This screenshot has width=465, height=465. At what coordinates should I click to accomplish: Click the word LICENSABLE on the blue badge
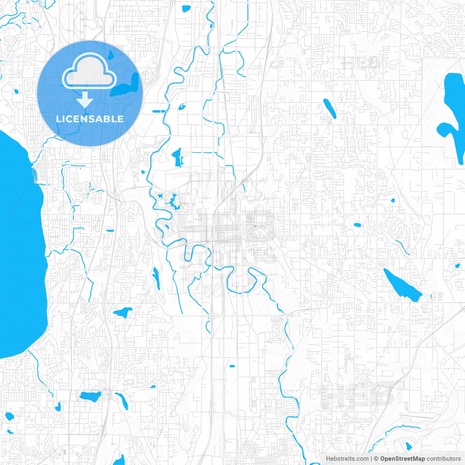(90, 119)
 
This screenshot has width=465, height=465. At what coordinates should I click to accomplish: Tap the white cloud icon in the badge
(89, 72)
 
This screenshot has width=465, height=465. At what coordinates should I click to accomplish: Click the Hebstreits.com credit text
(347, 459)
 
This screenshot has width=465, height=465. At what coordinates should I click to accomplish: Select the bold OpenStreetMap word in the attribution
(402, 459)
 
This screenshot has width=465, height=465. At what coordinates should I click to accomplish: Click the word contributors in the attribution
(443, 459)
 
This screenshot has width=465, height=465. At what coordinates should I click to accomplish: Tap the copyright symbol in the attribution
(376, 459)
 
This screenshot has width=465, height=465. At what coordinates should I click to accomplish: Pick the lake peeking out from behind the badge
(131, 85)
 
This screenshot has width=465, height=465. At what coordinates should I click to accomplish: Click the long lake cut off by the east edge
(452, 116)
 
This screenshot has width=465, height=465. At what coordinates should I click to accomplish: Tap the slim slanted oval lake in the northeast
(330, 108)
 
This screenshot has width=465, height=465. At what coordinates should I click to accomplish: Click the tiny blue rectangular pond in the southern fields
(232, 366)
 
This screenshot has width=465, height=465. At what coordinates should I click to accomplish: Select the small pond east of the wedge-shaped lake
(457, 266)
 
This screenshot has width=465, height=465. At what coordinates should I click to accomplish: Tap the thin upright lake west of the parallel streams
(156, 278)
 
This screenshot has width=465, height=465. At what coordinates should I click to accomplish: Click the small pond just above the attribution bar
(409, 446)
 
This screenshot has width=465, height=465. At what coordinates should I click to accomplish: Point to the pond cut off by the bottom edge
(119, 460)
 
